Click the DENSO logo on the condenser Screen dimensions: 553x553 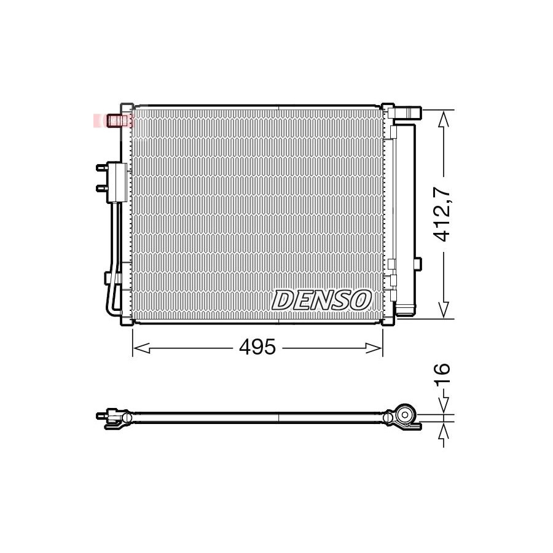click(x=321, y=300)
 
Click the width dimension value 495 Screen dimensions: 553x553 click(x=257, y=347)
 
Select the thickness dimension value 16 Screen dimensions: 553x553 click(x=442, y=375)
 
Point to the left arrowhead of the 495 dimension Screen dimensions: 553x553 click(x=141, y=348)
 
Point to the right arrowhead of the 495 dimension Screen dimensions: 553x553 click(x=374, y=348)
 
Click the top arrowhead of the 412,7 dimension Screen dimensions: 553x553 click(x=444, y=119)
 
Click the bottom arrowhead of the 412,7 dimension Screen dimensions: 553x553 click(x=444, y=310)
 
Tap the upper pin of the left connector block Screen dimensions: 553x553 click(x=102, y=168)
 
